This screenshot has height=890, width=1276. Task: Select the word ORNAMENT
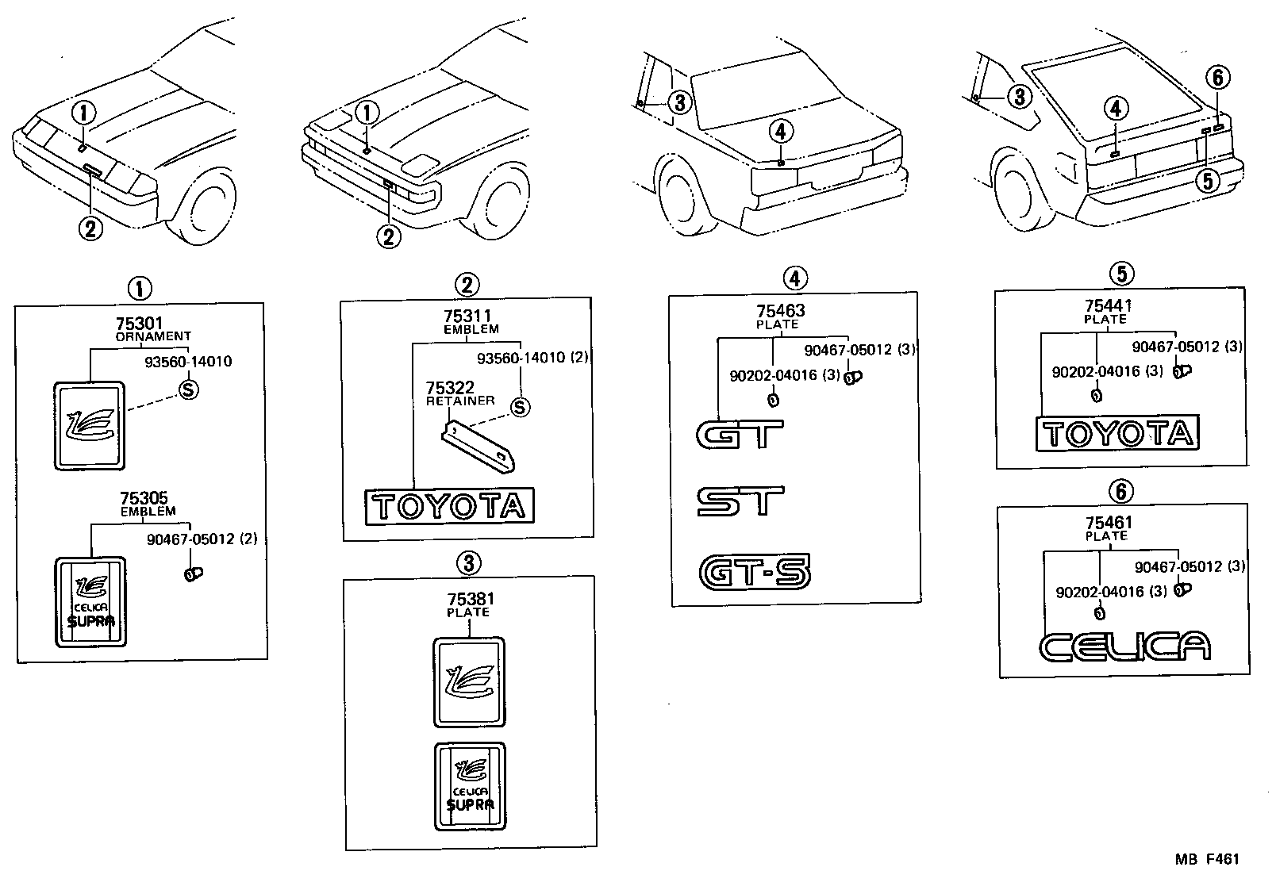coord(153,336)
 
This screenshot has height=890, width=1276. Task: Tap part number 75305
coord(144,499)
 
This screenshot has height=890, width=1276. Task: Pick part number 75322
coord(450,388)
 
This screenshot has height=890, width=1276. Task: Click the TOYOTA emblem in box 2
coord(449,506)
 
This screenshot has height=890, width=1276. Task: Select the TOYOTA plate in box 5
coord(1117,434)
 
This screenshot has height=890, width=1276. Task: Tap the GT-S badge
coord(755,572)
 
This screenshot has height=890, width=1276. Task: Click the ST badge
coord(740,501)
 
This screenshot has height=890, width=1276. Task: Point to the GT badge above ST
coord(739,434)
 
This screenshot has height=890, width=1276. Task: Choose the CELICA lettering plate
coord(1124,646)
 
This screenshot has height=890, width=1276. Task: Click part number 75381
coord(470,600)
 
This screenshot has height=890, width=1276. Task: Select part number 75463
coord(780,312)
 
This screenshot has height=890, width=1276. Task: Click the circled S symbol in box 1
coord(188,389)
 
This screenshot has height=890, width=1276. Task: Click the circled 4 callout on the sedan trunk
coord(781,130)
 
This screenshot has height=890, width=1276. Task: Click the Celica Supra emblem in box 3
coord(470,786)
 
